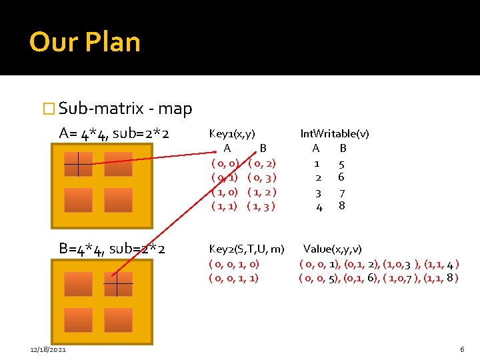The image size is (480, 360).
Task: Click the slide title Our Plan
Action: [x=85, y=42]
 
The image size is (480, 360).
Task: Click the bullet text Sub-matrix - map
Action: [x=125, y=109]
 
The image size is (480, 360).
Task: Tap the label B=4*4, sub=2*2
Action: [x=112, y=249]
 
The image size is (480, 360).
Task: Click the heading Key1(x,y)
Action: [x=232, y=133]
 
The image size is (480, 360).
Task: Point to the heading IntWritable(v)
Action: [x=334, y=133]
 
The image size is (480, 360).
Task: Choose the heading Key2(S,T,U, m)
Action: [x=247, y=249]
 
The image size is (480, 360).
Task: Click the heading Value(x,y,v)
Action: [x=333, y=249]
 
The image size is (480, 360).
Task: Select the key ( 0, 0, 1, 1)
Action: [x=234, y=277]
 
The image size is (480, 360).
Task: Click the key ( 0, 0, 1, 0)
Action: [x=234, y=264]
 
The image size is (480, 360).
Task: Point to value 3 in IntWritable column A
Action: [x=318, y=193]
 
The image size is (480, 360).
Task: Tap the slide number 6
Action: [x=462, y=350]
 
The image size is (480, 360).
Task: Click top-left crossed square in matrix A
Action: [x=78, y=164]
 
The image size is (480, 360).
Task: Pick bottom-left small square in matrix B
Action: [x=78, y=321]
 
